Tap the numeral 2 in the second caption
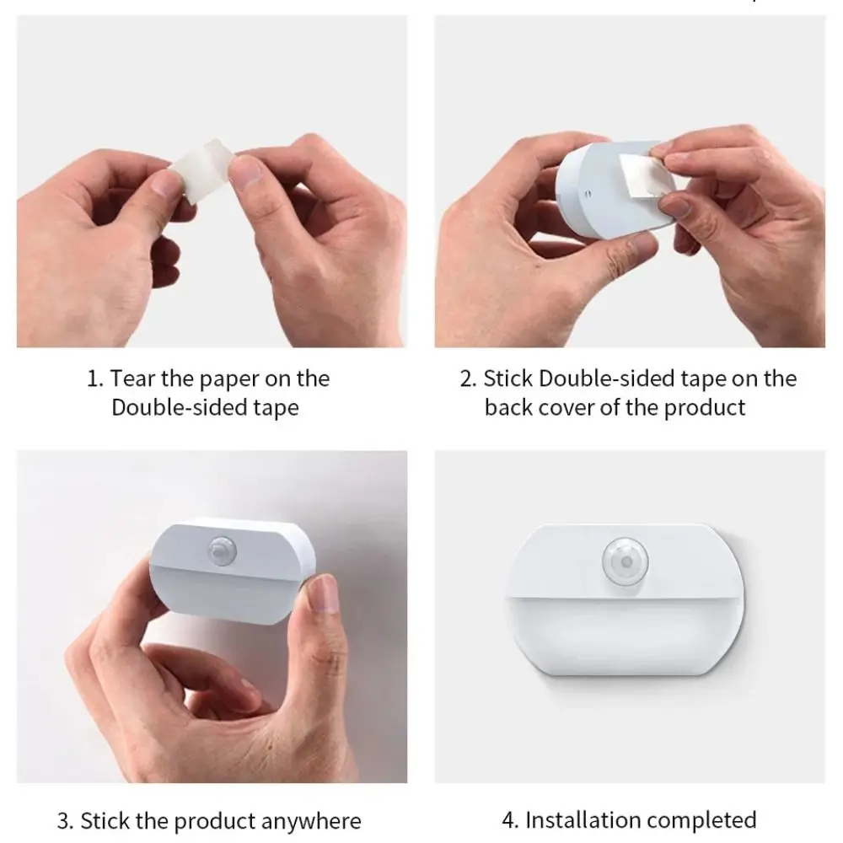tap(467, 379)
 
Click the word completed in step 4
tap(706, 819)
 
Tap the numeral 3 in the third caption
tap(64, 820)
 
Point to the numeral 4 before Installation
tap(509, 819)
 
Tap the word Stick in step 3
tap(105, 820)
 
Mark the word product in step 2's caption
tap(705, 408)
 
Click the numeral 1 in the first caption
tap(93, 379)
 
